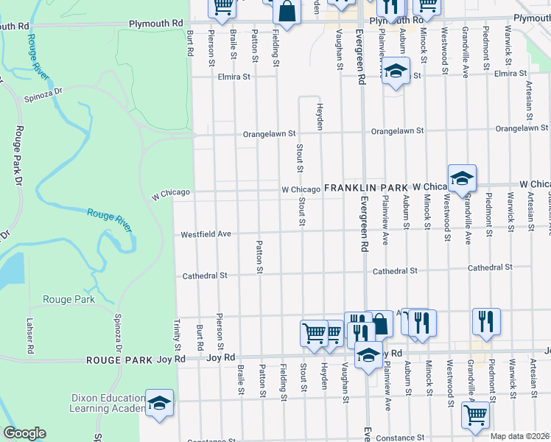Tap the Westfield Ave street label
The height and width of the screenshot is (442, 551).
click(207, 234)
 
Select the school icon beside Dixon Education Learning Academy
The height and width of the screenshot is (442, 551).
click(159, 404)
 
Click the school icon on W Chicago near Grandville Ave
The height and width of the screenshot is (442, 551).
click(462, 179)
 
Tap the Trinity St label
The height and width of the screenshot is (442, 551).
click(177, 334)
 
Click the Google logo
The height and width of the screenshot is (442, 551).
click(24, 433)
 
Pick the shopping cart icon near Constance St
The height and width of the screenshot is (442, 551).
click(475, 415)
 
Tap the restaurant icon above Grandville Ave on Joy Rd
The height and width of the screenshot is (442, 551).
click(486, 321)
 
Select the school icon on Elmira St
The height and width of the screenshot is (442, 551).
click(396, 72)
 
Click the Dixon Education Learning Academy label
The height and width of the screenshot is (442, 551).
click(108, 404)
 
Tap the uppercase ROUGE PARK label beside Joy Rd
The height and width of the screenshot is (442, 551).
click(120, 360)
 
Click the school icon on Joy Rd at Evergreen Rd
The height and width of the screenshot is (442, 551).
click(368, 356)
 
